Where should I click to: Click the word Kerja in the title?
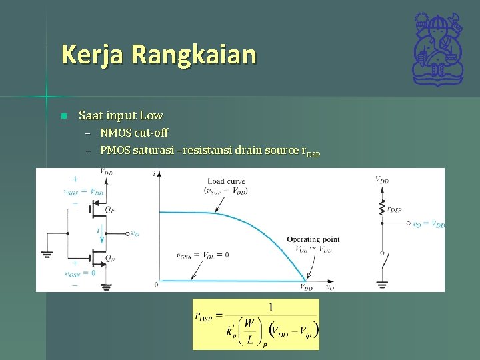(x=93, y=55)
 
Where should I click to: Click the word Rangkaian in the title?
(x=193, y=55)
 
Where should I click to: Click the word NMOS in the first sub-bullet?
(x=115, y=133)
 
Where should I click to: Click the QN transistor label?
(x=109, y=258)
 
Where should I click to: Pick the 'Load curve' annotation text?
(x=226, y=181)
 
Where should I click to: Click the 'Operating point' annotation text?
(x=313, y=239)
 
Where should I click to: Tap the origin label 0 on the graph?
(x=156, y=285)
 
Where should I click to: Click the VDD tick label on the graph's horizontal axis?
(x=306, y=287)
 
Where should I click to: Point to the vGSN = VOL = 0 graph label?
(x=202, y=255)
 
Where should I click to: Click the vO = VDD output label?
(x=428, y=225)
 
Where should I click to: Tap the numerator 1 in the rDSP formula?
(x=271, y=307)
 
